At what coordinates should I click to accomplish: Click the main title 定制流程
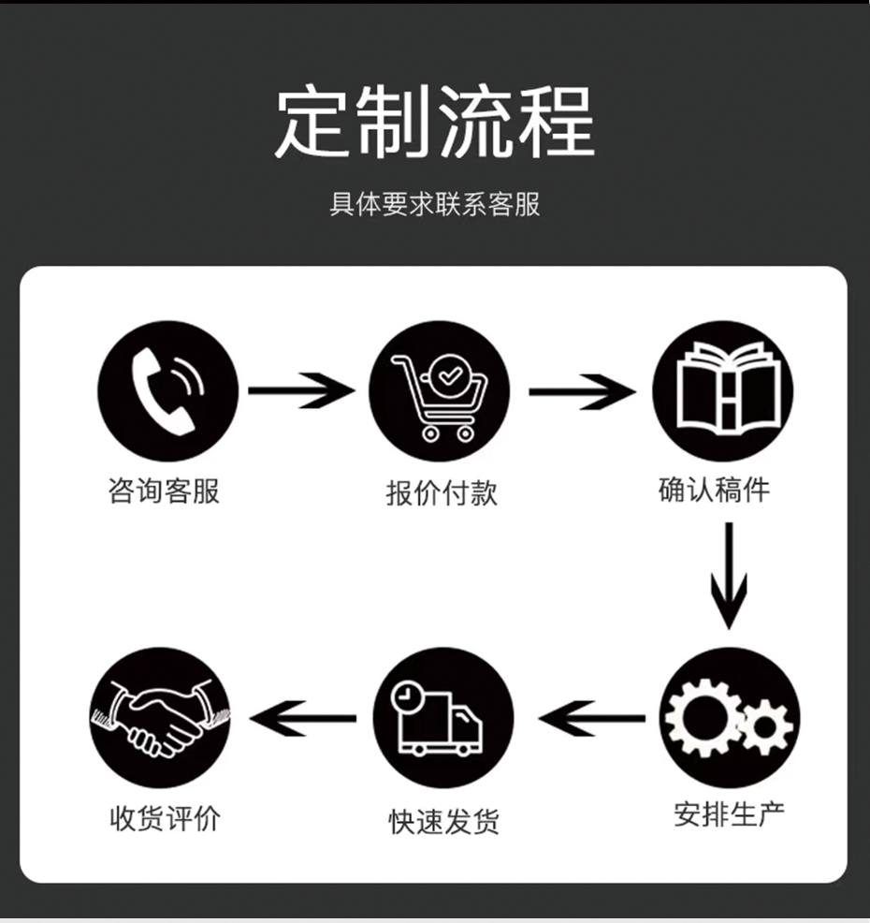434,124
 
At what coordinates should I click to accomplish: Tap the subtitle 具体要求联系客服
434,205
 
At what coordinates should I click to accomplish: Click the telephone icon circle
167,391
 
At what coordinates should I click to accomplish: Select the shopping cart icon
439,391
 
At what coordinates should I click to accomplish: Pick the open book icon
721,391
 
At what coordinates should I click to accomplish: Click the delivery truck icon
442,717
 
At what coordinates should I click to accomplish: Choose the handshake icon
159,717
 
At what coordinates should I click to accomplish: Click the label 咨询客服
164,491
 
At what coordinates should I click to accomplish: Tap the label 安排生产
730,813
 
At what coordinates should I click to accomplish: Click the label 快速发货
444,821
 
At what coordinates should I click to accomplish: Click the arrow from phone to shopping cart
301,390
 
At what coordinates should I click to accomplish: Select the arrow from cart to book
581,390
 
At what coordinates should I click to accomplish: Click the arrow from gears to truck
592,719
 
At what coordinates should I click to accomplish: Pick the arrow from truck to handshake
304,719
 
